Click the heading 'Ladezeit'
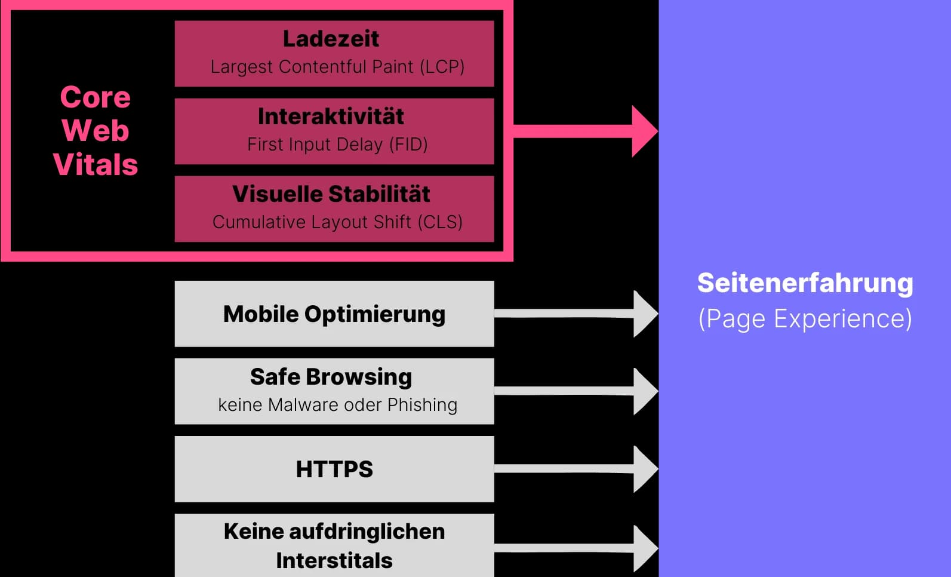point(331,39)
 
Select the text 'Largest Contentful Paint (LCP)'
point(337,66)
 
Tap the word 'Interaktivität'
point(331,116)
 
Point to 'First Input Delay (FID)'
point(337,144)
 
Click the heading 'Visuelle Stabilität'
point(331,194)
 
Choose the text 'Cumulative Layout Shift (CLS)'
point(337,222)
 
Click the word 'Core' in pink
point(96,97)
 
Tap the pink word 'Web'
point(96,130)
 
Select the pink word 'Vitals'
point(96,164)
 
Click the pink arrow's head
point(644,131)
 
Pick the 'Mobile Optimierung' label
point(334,314)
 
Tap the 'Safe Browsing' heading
point(331,377)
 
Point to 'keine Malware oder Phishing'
point(337,404)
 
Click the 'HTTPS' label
point(334,469)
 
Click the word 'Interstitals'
point(334,560)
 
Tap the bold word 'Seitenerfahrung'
point(805,283)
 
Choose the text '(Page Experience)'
point(805,318)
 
